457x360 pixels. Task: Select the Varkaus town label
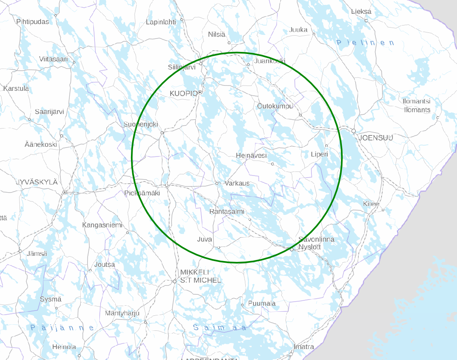tap(237, 183)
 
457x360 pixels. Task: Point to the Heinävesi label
tap(251, 156)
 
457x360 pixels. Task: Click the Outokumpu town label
tap(275, 106)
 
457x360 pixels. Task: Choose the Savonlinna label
tap(316, 239)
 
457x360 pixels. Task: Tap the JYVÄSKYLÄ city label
tap(37, 182)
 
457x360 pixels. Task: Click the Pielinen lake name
tap(365, 43)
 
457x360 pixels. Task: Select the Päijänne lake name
tap(62, 328)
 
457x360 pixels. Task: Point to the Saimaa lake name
tap(219, 328)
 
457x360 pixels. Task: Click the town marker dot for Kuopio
tap(200, 93)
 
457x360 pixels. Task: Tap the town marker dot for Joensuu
tap(354, 131)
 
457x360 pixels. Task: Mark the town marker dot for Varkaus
tap(217, 183)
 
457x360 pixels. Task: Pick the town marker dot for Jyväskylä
tap(65, 192)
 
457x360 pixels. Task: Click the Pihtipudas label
tap(32, 21)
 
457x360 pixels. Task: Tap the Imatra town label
tap(304, 347)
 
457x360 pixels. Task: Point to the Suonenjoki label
tap(141, 124)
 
